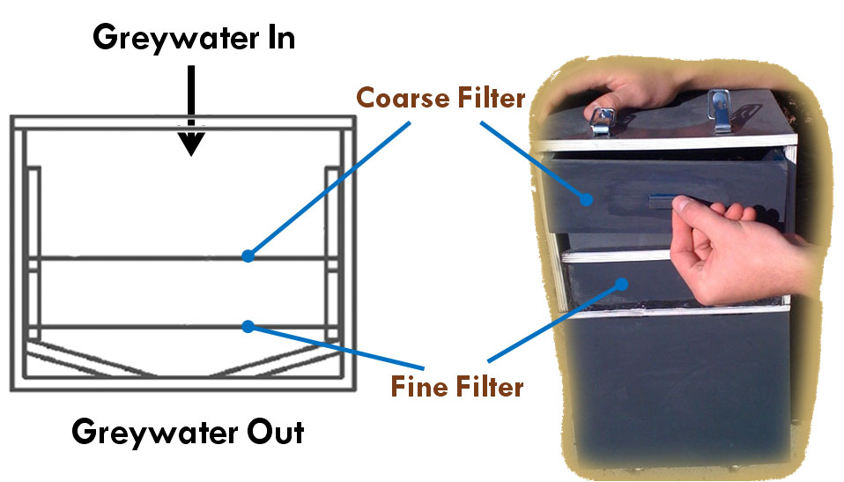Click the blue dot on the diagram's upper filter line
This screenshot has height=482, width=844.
tap(248, 256)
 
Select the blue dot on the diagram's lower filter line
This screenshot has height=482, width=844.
tap(248, 326)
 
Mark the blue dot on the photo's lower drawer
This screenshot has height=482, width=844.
tap(622, 284)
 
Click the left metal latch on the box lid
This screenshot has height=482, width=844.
tap(601, 119)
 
